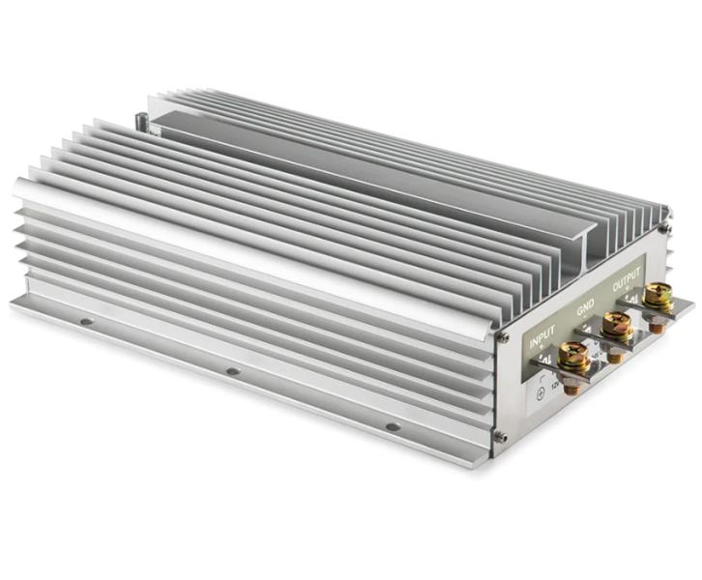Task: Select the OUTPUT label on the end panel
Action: click(x=627, y=284)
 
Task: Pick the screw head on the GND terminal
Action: click(x=616, y=326)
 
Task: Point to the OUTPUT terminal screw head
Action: click(x=660, y=295)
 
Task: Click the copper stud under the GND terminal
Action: click(x=616, y=356)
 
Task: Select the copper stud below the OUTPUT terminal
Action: click(x=658, y=326)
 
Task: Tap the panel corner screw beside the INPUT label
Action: click(x=504, y=336)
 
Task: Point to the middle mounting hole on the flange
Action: click(x=232, y=370)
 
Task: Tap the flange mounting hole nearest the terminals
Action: click(x=392, y=425)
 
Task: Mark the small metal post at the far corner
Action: click(x=142, y=122)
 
